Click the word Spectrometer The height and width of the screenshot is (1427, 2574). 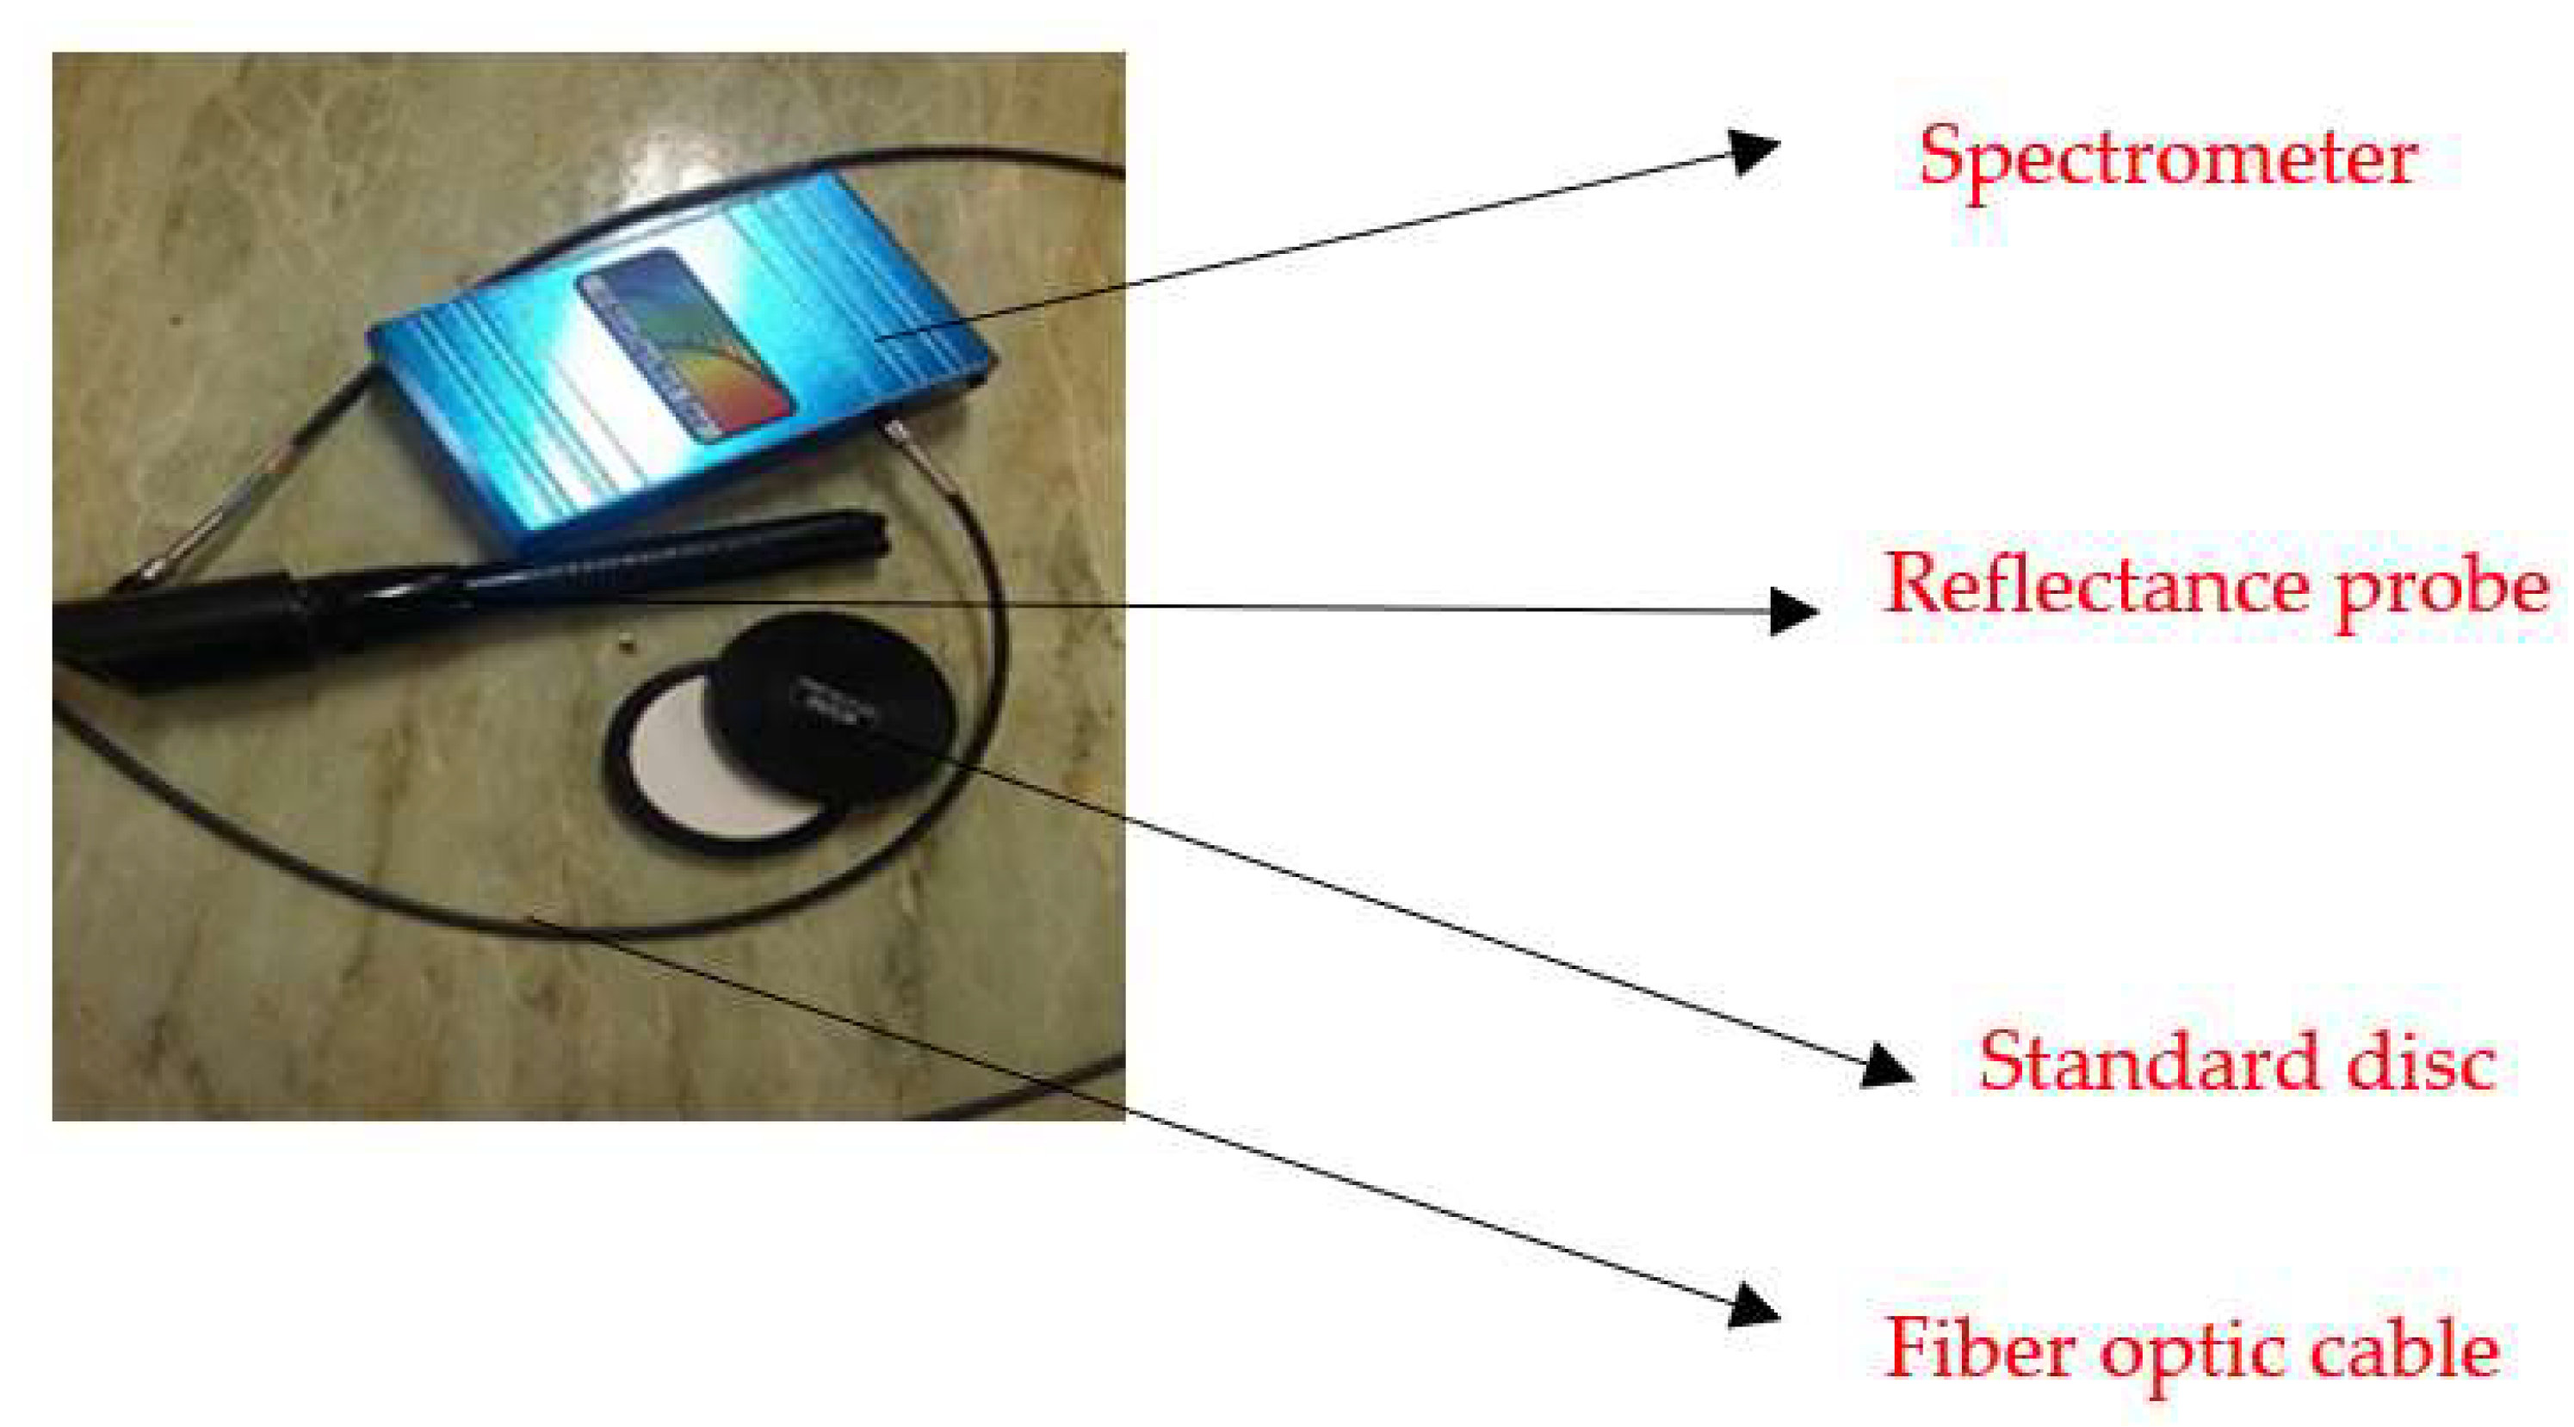click(2166, 158)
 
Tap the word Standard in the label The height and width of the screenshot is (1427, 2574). click(2149, 1061)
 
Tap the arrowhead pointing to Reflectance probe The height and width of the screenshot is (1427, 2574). click(1792, 610)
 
